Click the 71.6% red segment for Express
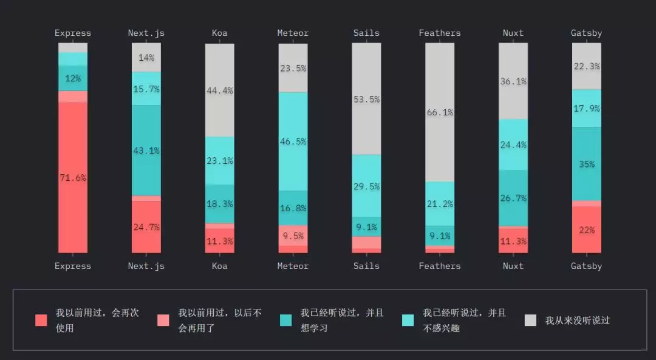(73, 177)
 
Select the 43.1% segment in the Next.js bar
(146, 151)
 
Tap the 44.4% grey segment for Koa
(220, 90)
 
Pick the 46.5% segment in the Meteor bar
(293, 141)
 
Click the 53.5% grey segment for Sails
(366, 99)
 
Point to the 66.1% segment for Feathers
(440, 112)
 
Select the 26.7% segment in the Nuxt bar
(513, 198)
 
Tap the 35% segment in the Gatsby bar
(587, 164)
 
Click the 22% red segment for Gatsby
(587, 229)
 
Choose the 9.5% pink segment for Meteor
(293, 236)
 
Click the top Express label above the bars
(73, 33)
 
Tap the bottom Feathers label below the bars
(440, 266)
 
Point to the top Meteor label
(293, 33)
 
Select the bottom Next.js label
(146, 266)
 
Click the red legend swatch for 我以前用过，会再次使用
(41, 320)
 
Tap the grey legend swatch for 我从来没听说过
(530, 320)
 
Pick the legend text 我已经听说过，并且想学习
(342, 320)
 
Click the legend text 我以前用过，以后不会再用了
(220, 320)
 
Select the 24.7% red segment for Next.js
(146, 227)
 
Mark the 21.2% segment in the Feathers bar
(440, 204)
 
